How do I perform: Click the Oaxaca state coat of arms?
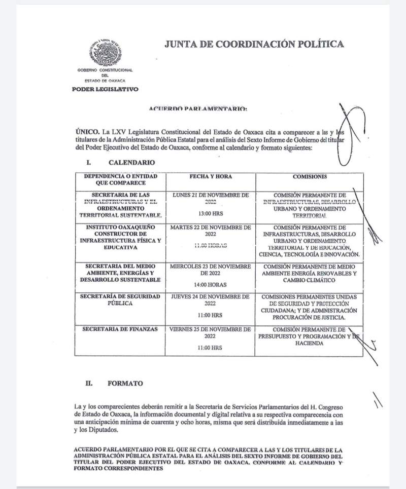(x=105, y=53)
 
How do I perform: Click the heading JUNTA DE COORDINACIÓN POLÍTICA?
(x=254, y=44)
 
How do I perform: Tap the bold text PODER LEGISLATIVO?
(x=105, y=89)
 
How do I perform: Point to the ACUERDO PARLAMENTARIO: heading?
(x=198, y=109)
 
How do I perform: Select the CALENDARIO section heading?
(x=131, y=163)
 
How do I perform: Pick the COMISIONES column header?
(x=310, y=176)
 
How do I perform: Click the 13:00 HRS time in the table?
(x=211, y=213)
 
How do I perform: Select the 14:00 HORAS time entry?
(x=211, y=285)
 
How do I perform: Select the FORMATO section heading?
(x=125, y=384)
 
